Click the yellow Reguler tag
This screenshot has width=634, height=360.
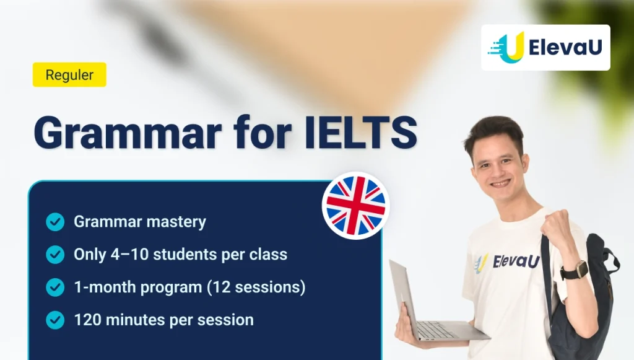click(69, 75)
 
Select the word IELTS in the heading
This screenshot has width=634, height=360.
click(361, 132)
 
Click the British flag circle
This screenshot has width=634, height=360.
click(356, 206)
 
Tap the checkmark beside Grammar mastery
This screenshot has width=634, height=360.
click(55, 222)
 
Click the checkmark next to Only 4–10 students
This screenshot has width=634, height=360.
click(55, 255)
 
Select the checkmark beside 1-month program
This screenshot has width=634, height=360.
click(55, 287)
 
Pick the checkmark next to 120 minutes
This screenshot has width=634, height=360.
click(55, 320)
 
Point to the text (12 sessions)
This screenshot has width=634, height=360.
click(256, 287)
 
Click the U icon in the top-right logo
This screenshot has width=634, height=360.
click(506, 48)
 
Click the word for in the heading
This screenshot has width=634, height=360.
click(263, 132)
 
